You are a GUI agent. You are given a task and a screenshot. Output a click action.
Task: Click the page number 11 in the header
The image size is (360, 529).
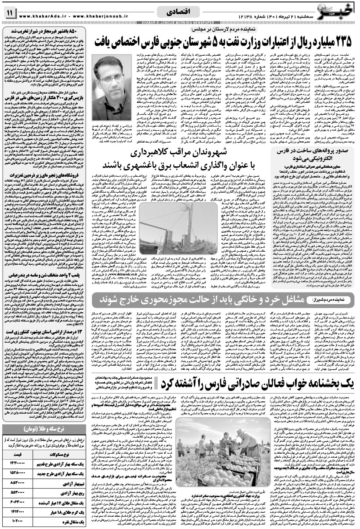[x=9, y=13]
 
